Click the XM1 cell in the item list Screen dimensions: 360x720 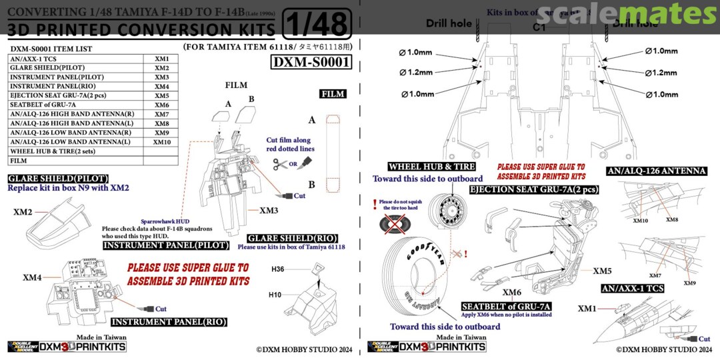click(x=162, y=59)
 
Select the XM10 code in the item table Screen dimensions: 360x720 click(x=162, y=142)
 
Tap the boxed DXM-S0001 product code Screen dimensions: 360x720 click(x=311, y=62)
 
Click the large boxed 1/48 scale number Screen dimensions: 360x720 click(x=317, y=25)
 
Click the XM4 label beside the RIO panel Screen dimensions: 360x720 click(x=32, y=277)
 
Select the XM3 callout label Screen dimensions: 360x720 click(x=269, y=211)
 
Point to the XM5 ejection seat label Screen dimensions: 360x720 click(x=603, y=271)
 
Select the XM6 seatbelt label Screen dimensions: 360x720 click(x=512, y=292)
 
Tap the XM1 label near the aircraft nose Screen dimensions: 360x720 click(x=587, y=308)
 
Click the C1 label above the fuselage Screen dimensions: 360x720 click(x=539, y=29)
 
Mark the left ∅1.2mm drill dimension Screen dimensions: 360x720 click(x=417, y=72)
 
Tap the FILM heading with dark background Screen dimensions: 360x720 click(x=333, y=94)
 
